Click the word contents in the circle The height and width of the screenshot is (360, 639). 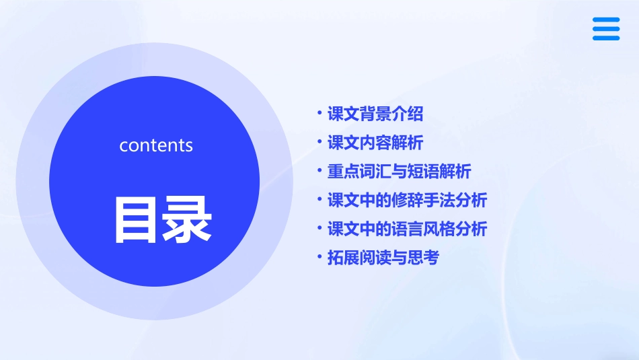156,145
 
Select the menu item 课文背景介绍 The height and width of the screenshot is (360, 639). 375,114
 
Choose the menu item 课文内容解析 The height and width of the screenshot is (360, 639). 375,143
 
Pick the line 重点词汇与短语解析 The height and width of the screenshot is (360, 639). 399,172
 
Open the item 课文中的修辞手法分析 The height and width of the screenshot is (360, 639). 407,200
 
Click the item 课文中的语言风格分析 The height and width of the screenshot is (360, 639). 407,229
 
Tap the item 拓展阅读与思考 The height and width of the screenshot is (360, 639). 383,257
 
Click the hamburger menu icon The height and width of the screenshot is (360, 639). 606,29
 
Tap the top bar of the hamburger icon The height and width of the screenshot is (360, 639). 606,20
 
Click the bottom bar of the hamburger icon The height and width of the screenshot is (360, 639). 606,38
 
